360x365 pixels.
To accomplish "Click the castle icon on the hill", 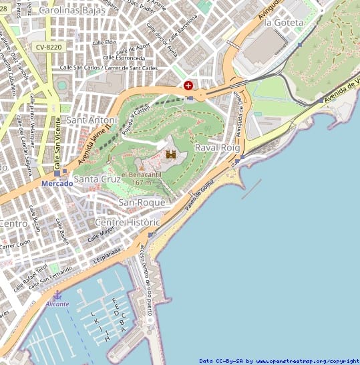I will coord(171,154).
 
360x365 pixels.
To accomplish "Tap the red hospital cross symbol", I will coord(188,86).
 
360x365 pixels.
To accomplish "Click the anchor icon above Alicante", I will coord(57,295).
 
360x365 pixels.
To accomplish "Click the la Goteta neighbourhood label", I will coord(284,22).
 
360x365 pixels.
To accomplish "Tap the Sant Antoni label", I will coord(92,120).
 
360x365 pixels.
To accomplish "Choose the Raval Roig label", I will coord(216,147).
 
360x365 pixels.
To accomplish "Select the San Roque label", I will coord(141,202).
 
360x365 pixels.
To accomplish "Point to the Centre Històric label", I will coord(128,222).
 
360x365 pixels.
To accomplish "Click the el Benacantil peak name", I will coord(142,174).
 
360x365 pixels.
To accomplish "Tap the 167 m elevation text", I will coord(142,182).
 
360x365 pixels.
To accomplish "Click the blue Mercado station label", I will coord(57,183).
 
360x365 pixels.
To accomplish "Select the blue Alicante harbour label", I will coord(57,304).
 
